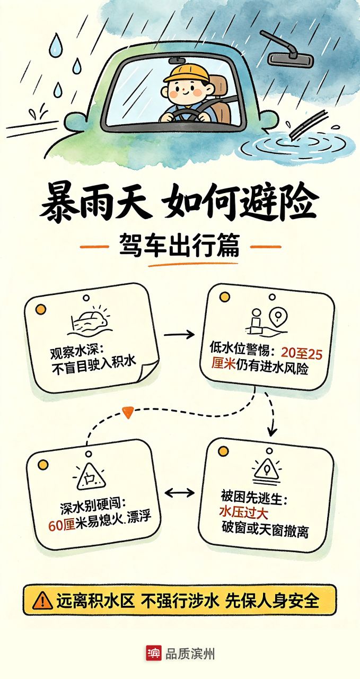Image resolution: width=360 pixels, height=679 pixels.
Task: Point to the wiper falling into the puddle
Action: [x=309, y=125]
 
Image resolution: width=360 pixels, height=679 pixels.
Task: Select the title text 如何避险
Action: [x=240, y=201]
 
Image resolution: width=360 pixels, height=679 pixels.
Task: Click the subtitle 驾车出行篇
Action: [x=179, y=247]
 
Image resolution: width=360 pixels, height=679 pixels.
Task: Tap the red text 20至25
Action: [x=302, y=353]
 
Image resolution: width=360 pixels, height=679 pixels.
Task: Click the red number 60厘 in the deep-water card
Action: [x=62, y=525]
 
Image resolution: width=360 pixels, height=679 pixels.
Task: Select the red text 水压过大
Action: [x=244, y=512]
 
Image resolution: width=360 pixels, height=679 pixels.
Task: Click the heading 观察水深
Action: [x=75, y=353]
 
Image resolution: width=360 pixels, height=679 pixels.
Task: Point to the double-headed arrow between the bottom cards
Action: [x=180, y=493]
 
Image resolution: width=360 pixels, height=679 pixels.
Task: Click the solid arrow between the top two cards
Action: [x=179, y=335]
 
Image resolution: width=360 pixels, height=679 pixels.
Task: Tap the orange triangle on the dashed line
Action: [x=128, y=412]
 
